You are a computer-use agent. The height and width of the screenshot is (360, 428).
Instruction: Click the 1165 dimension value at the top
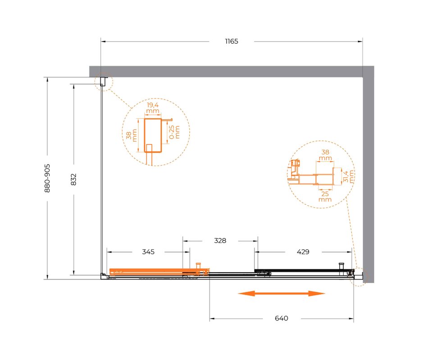pos(232,41)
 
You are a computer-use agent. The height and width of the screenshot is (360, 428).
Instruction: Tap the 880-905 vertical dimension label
pos(47,178)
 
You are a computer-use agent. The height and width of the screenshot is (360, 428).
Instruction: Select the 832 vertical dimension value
pos(73,180)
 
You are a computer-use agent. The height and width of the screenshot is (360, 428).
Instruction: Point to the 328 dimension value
pos(220,241)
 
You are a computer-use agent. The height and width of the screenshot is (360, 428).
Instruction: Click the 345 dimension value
pos(148,252)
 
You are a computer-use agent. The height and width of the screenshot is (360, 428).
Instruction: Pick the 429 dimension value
pos(303,252)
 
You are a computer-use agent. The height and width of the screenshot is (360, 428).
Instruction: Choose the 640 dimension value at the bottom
pos(282,318)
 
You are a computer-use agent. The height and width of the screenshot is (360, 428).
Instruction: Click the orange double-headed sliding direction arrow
pos(282,294)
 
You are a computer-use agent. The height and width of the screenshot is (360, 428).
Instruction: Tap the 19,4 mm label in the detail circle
pos(153,108)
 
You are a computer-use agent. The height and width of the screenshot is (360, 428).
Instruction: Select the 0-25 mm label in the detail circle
pos(174,132)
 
